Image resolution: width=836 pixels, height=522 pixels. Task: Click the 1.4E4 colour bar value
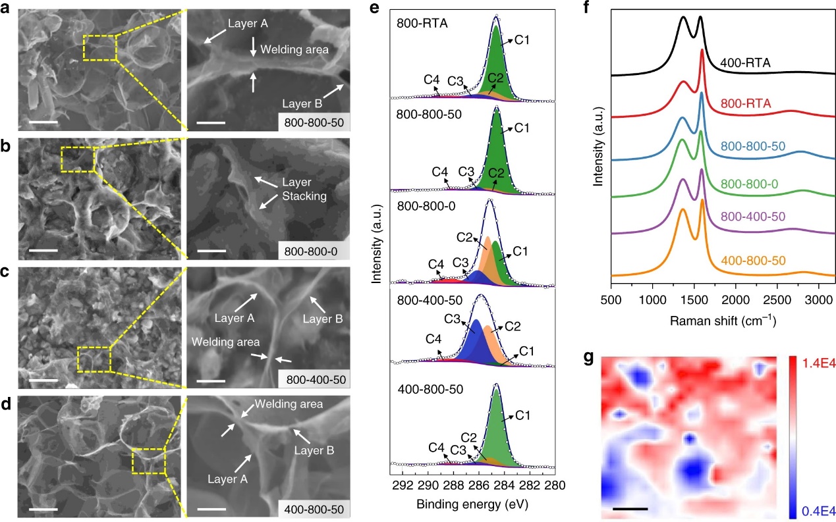click(815, 362)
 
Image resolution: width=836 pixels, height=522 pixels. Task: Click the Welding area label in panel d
click(289, 404)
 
